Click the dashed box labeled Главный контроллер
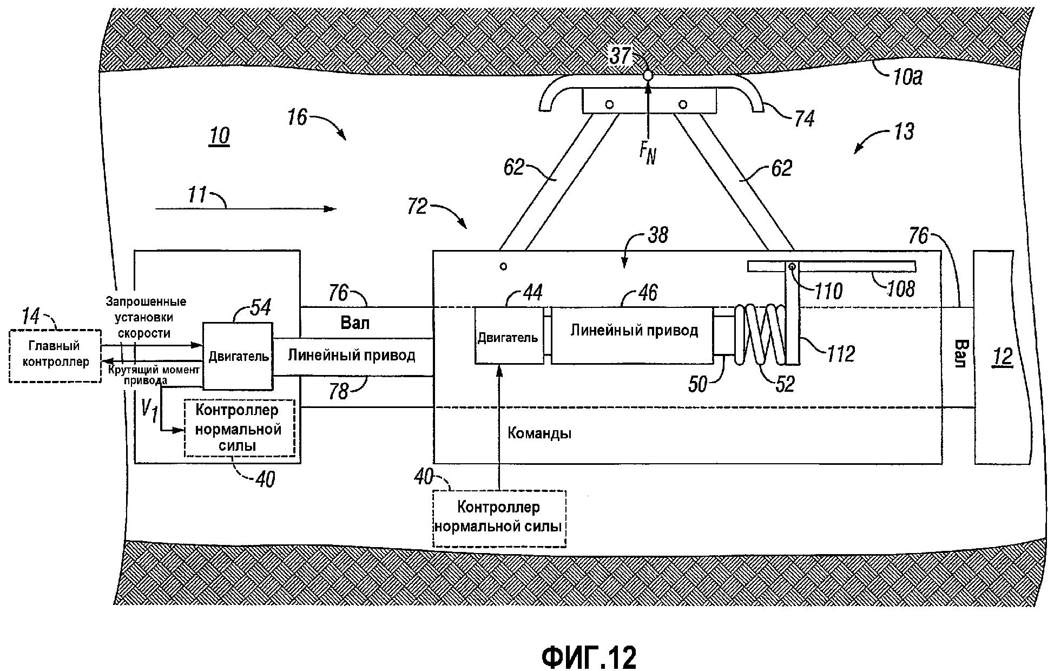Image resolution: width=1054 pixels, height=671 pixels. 55,356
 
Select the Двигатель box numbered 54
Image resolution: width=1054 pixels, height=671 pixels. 238,356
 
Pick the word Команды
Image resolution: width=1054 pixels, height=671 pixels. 539,433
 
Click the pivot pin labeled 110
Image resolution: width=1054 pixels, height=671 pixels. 792,266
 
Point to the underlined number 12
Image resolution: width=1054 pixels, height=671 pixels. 1002,357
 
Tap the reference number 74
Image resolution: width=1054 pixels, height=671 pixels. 803,119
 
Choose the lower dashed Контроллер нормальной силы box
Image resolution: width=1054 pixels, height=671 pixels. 499,517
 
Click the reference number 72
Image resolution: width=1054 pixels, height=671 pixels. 417,207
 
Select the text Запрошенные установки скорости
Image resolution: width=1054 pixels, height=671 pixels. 146,317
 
